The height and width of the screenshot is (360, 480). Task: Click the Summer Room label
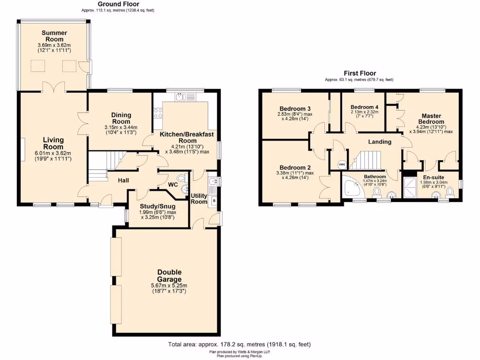(x=54, y=36)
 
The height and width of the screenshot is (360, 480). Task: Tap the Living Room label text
(x=53, y=143)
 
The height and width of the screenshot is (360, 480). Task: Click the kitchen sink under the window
(x=180, y=97)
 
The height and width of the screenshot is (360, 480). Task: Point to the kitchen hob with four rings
(x=158, y=113)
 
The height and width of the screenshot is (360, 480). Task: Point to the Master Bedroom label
(x=431, y=119)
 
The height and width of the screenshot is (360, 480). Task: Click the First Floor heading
(x=360, y=73)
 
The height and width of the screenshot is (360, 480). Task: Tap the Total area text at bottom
(x=239, y=345)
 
